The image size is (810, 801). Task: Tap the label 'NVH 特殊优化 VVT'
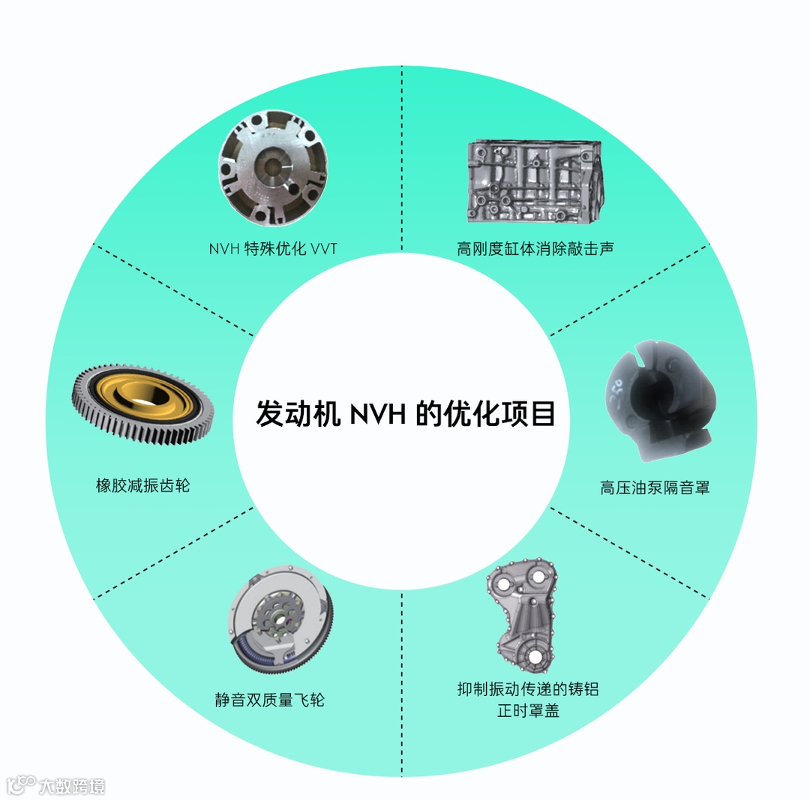(x=273, y=249)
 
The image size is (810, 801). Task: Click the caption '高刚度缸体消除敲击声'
(x=535, y=248)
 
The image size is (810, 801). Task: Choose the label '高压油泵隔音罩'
(x=655, y=487)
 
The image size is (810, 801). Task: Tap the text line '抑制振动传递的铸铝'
(x=528, y=688)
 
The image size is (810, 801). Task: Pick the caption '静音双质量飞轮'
(x=270, y=700)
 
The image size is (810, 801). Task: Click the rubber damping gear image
(x=142, y=403)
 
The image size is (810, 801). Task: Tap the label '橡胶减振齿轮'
(x=143, y=485)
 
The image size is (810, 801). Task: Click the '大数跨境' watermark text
(x=73, y=785)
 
